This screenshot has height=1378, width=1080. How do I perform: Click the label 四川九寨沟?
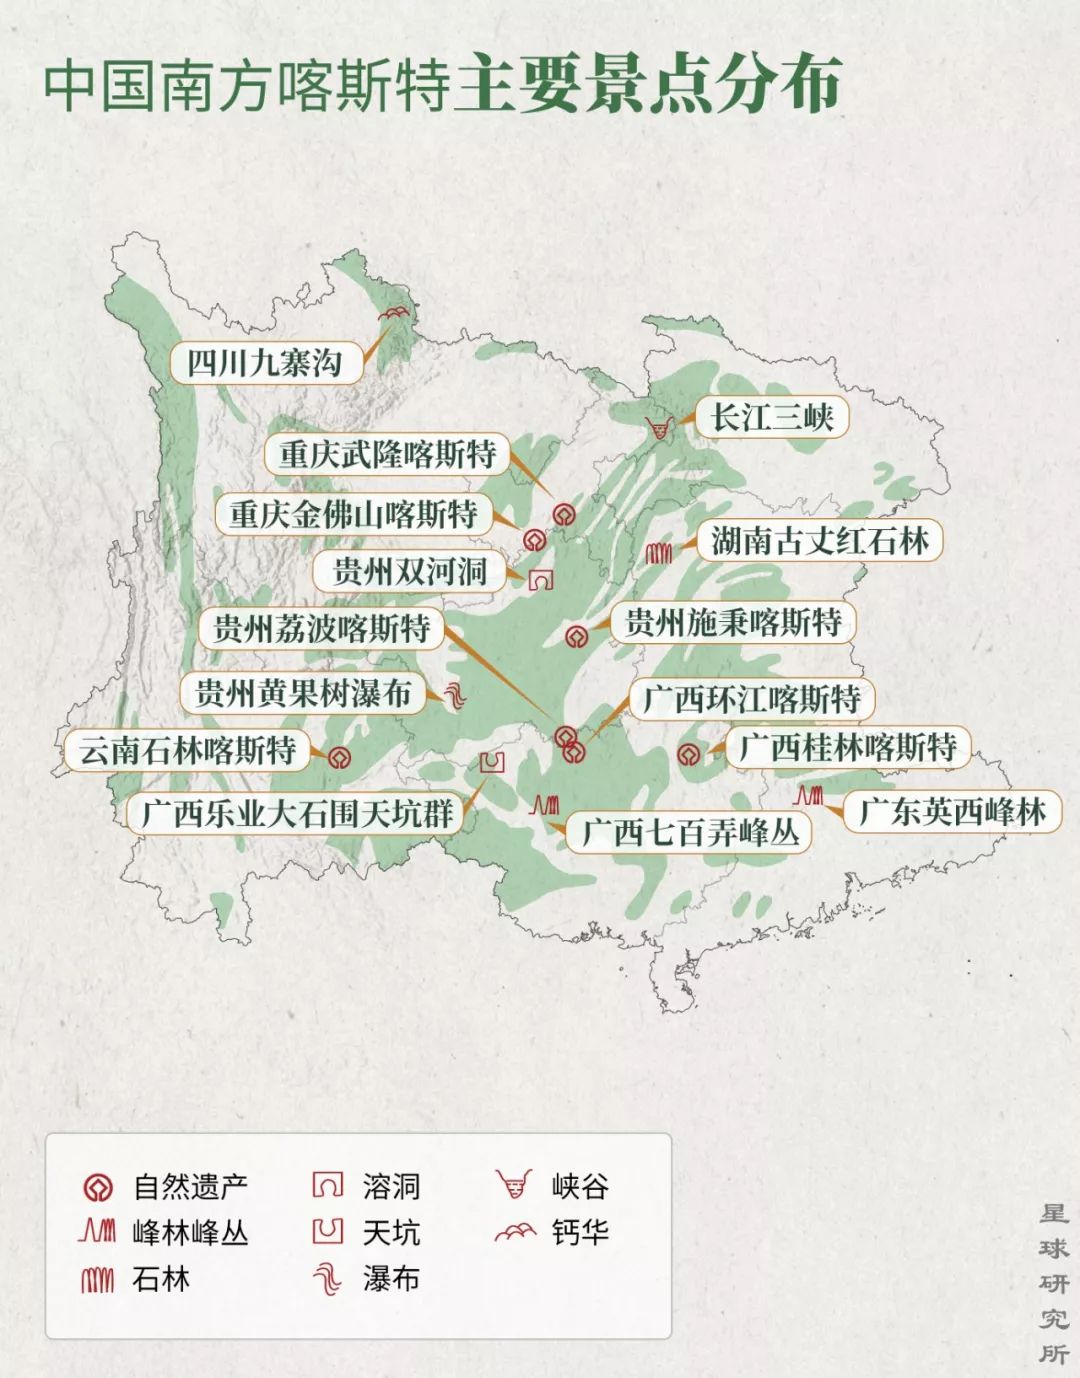(x=265, y=362)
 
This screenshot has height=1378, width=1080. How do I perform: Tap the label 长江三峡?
(x=772, y=417)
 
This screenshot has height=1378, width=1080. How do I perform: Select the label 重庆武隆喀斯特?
(x=387, y=454)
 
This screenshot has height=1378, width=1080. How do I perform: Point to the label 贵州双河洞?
(x=409, y=571)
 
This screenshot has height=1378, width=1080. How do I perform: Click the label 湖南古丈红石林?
(x=820, y=541)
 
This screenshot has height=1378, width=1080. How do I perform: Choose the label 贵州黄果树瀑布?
(x=303, y=692)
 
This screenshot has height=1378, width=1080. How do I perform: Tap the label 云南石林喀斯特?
(x=188, y=750)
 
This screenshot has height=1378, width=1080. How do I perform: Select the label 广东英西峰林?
(x=952, y=811)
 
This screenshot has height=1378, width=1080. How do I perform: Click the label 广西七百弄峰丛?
(x=691, y=832)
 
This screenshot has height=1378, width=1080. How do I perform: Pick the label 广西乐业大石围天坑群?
(x=297, y=813)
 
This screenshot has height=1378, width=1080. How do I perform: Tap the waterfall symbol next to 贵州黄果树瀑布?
(x=454, y=695)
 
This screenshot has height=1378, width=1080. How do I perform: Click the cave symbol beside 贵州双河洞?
(x=541, y=580)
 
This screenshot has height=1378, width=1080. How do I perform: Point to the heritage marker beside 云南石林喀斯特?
(x=339, y=757)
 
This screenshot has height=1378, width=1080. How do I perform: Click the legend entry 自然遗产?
(x=165, y=1187)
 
